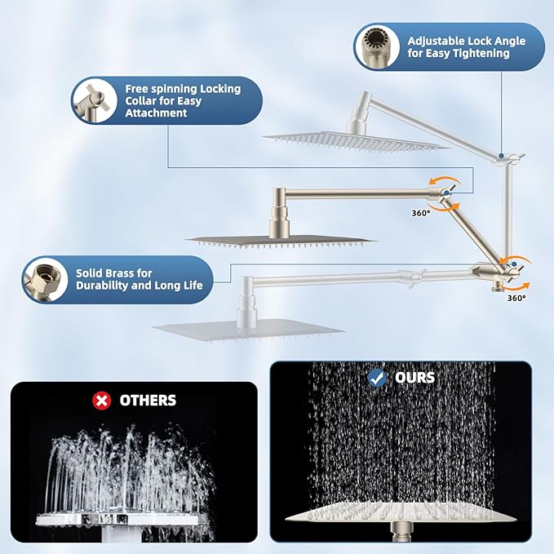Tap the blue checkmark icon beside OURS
click(377, 378)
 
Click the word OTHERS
click(148, 400)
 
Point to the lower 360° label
click(515, 298)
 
